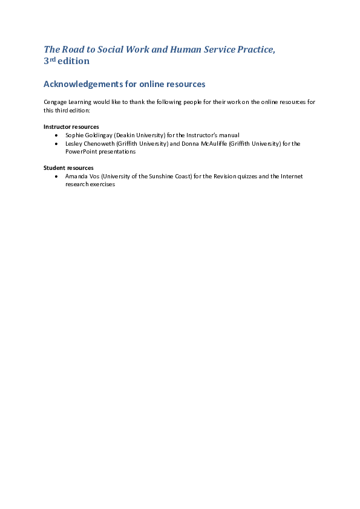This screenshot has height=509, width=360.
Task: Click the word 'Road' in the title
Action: click(74, 50)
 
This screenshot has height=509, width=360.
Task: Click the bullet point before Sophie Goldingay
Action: click(56, 135)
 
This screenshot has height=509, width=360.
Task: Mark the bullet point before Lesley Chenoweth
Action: click(56, 144)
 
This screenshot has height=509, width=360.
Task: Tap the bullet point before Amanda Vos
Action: click(56, 177)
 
